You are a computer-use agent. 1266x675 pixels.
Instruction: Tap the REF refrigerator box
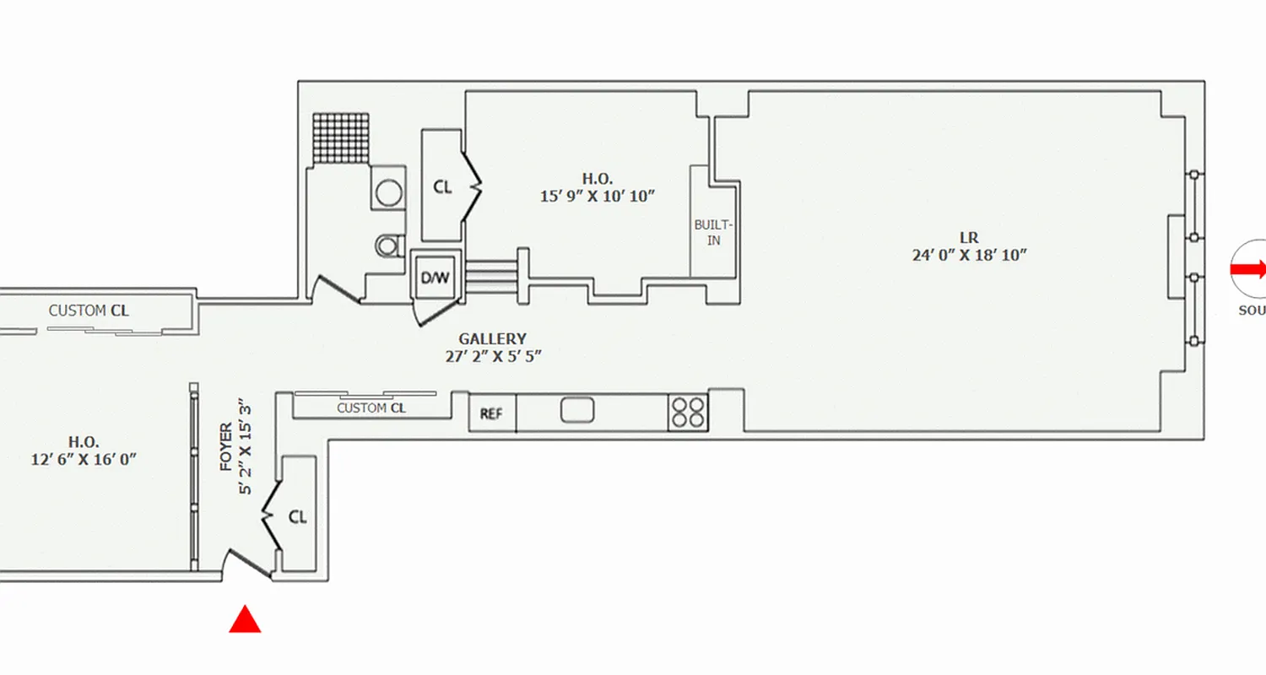click(492, 414)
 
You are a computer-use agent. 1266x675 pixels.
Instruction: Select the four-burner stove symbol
click(688, 413)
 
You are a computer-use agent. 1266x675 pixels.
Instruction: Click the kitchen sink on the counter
click(577, 411)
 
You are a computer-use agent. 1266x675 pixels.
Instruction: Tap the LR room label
click(968, 238)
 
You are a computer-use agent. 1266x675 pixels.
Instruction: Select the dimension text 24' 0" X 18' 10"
click(968, 255)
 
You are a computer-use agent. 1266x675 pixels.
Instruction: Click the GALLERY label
click(492, 339)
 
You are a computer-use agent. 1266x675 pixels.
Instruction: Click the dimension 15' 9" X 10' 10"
click(598, 196)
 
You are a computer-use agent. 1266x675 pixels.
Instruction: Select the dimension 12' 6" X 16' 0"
click(84, 458)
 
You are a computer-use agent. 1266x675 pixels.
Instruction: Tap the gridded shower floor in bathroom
click(342, 138)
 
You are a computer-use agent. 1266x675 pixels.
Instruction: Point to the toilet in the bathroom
click(388, 246)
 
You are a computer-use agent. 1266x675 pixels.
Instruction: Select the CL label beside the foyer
click(297, 517)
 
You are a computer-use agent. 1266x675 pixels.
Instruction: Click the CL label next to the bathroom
click(442, 187)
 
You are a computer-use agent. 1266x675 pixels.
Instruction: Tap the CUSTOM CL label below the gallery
click(371, 408)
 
